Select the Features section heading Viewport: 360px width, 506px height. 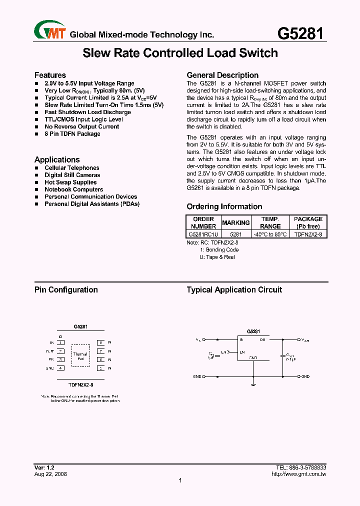coord(50,75)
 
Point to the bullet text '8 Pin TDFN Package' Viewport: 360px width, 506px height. coord(72,134)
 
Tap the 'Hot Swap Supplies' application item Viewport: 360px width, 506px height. coord(70,182)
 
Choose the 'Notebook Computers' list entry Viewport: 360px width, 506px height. coord(74,189)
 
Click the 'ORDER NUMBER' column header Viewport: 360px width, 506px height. coord(203,222)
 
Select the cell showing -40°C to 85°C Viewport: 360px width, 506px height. coord(270,234)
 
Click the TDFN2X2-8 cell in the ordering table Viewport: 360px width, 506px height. coord(308,234)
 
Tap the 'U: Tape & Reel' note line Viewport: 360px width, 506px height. coord(217,257)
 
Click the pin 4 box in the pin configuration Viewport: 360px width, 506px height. coord(60,368)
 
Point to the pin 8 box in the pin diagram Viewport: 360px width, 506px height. coord(100,343)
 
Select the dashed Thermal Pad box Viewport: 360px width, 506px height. coord(80,356)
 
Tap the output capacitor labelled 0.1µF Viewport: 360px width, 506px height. coord(283,356)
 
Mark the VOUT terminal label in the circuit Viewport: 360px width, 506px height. coord(304,340)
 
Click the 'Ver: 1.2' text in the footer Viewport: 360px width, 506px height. coord(44,467)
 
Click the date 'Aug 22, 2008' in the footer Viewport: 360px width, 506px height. coord(50,474)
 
